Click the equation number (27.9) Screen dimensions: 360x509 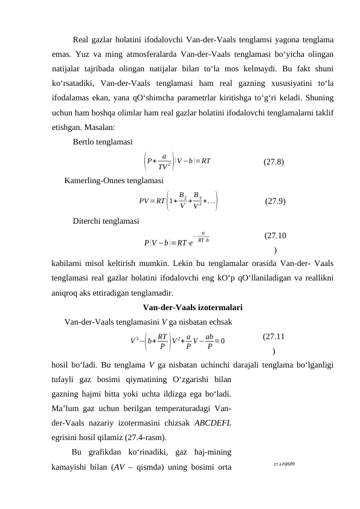pos(275,201)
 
